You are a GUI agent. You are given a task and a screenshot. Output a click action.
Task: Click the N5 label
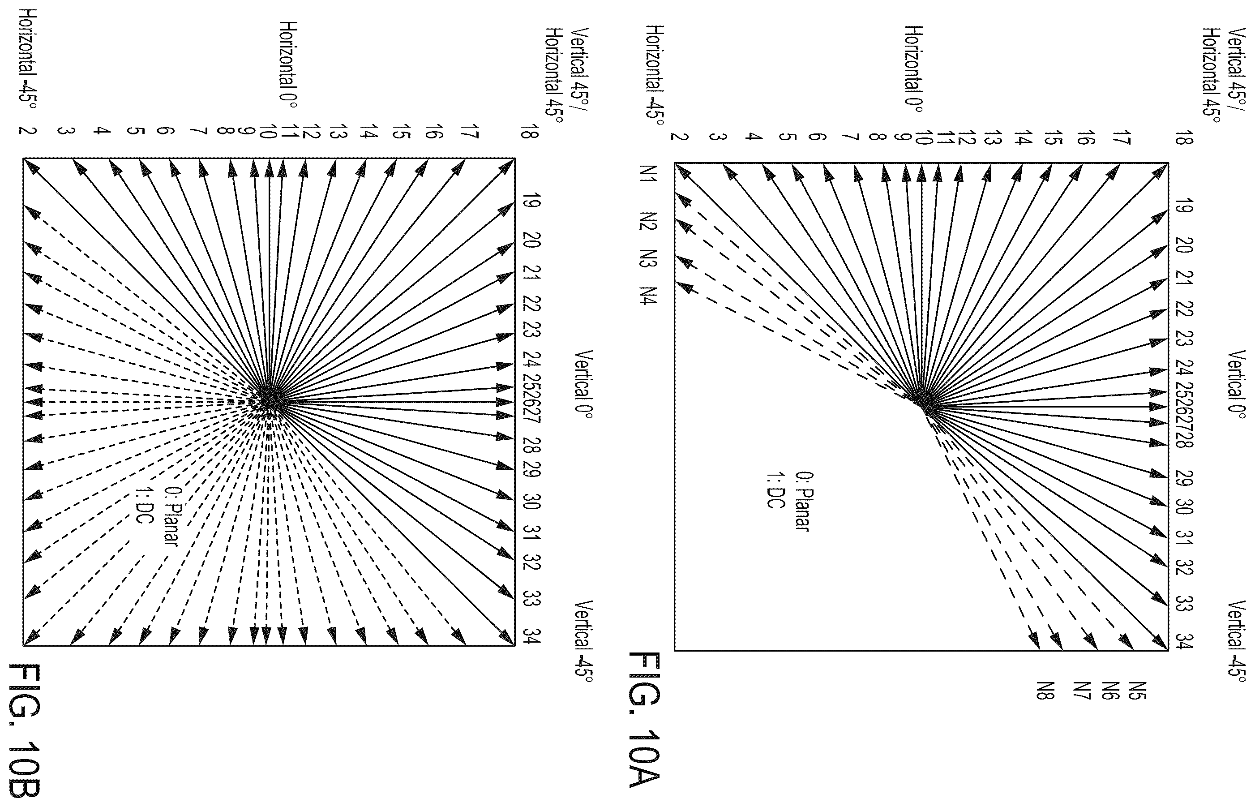tap(1138, 691)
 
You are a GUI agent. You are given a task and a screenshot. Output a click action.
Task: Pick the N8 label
tap(1045, 691)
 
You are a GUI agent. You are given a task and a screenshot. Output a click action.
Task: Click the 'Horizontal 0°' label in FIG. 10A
tap(914, 69)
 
